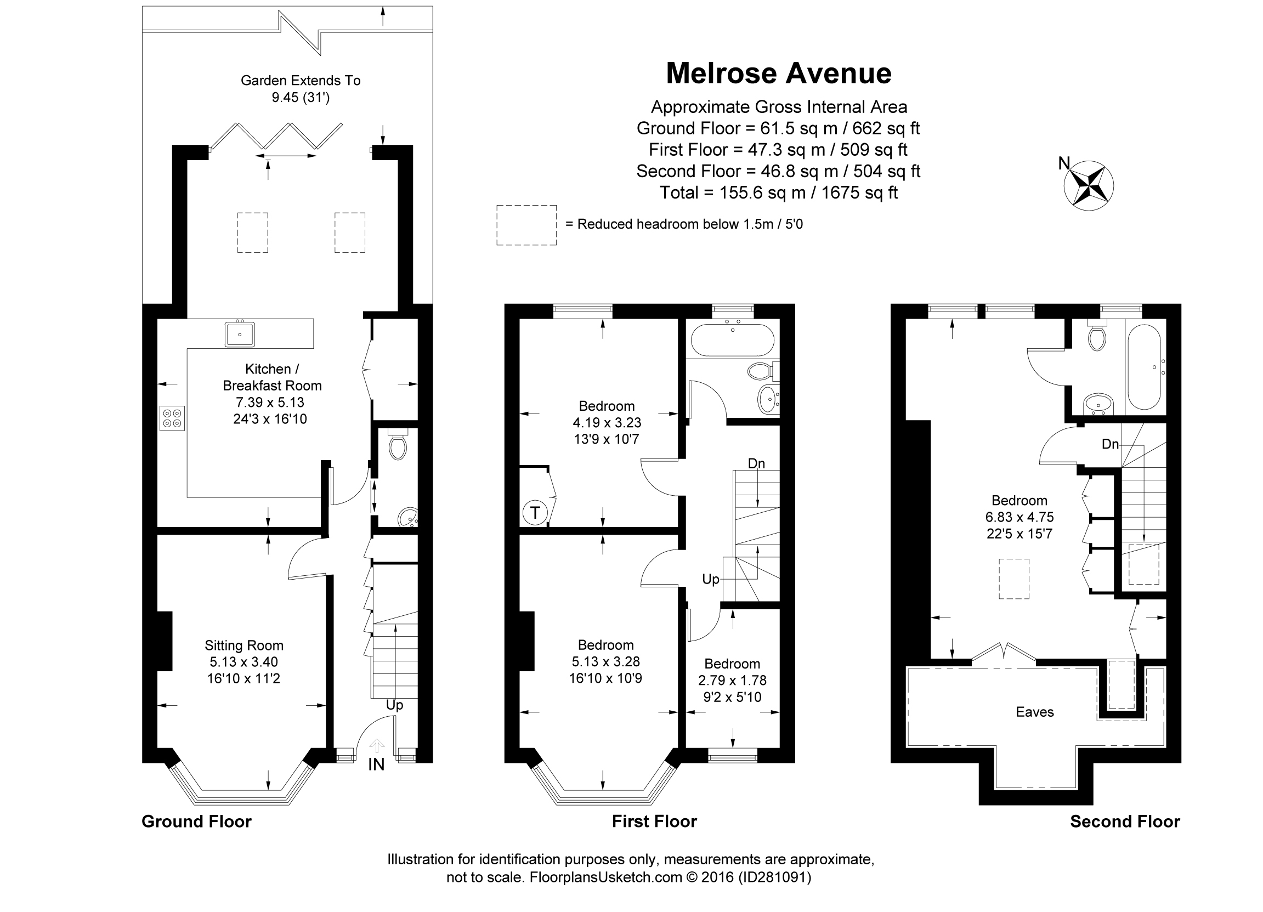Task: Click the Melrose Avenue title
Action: (779, 73)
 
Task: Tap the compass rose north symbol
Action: (1088, 186)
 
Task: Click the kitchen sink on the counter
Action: (240, 333)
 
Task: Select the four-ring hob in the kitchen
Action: (172, 418)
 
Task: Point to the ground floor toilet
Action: (398, 444)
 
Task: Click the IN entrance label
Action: (376, 764)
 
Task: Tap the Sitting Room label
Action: (244, 645)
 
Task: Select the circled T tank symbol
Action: (535, 512)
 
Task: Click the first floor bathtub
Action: (732, 339)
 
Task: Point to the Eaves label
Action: (1035, 712)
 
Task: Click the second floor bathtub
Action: (1145, 367)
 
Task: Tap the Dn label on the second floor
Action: (1111, 444)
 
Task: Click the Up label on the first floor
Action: (711, 580)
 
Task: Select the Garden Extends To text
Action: (301, 81)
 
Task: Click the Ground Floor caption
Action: (196, 822)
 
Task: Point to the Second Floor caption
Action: (1125, 822)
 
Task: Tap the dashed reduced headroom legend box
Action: (526, 225)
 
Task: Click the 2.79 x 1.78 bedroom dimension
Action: (732, 681)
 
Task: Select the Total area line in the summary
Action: (779, 192)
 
